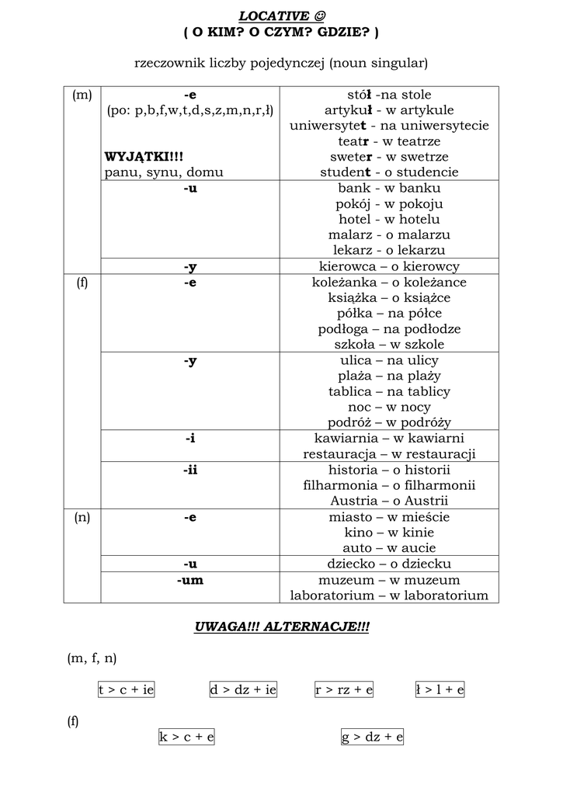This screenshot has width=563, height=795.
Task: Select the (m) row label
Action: pyautogui.click(x=82, y=95)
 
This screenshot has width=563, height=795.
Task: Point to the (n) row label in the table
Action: pyautogui.click(x=82, y=517)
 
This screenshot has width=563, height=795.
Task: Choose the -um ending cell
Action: pyautogui.click(x=190, y=580)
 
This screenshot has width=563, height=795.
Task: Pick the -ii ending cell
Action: pyautogui.click(x=190, y=470)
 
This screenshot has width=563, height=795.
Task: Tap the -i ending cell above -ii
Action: pyautogui.click(x=190, y=439)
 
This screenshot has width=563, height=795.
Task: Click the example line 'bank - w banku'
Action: pyautogui.click(x=389, y=188)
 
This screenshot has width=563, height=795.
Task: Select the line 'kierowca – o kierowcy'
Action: pyautogui.click(x=389, y=266)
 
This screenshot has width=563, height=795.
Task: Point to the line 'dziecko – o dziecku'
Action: pyautogui.click(x=389, y=564)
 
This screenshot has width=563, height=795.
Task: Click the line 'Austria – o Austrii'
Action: pyautogui.click(x=389, y=501)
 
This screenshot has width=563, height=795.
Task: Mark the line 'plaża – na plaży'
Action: pyautogui.click(x=389, y=376)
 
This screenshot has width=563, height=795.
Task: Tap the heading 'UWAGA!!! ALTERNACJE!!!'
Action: pyautogui.click(x=281, y=627)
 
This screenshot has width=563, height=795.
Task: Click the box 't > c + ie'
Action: pyautogui.click(x=126, y=689)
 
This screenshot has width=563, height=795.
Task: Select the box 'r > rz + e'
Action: pyautogui.click(x=344, y=689)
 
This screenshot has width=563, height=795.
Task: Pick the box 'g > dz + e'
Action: pyautogui.click(x=373, y=737)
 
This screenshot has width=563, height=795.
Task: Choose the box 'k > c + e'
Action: pyautogui.click(x=186, y=737)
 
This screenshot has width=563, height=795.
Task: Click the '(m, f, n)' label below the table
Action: pyautogui.click(x=92, y=658)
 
